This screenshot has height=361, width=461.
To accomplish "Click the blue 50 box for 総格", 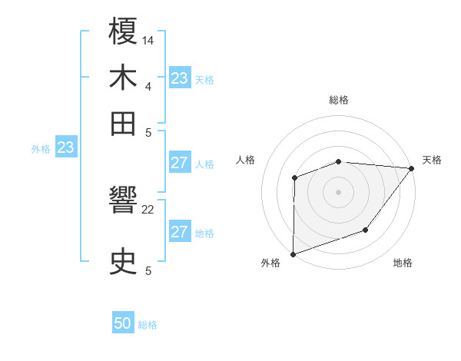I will pos(123,324).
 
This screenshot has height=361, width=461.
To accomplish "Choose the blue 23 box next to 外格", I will pos(65,147).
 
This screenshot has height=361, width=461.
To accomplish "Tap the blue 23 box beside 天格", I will pos(179,78).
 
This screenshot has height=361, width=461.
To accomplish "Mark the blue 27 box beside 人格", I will pos(179,163).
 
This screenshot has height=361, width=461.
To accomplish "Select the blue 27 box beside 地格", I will pos(179,232).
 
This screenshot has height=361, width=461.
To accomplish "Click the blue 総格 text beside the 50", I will pos(148,325).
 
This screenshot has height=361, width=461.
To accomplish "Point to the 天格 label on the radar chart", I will pos(432,160).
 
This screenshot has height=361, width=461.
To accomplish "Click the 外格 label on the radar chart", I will pos(270,263).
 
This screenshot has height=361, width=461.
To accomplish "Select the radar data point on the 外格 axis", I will pos(293,253).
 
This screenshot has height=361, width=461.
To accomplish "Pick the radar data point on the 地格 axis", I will pos(366,230).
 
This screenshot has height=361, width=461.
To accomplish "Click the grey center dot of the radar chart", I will pos(338,192).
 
